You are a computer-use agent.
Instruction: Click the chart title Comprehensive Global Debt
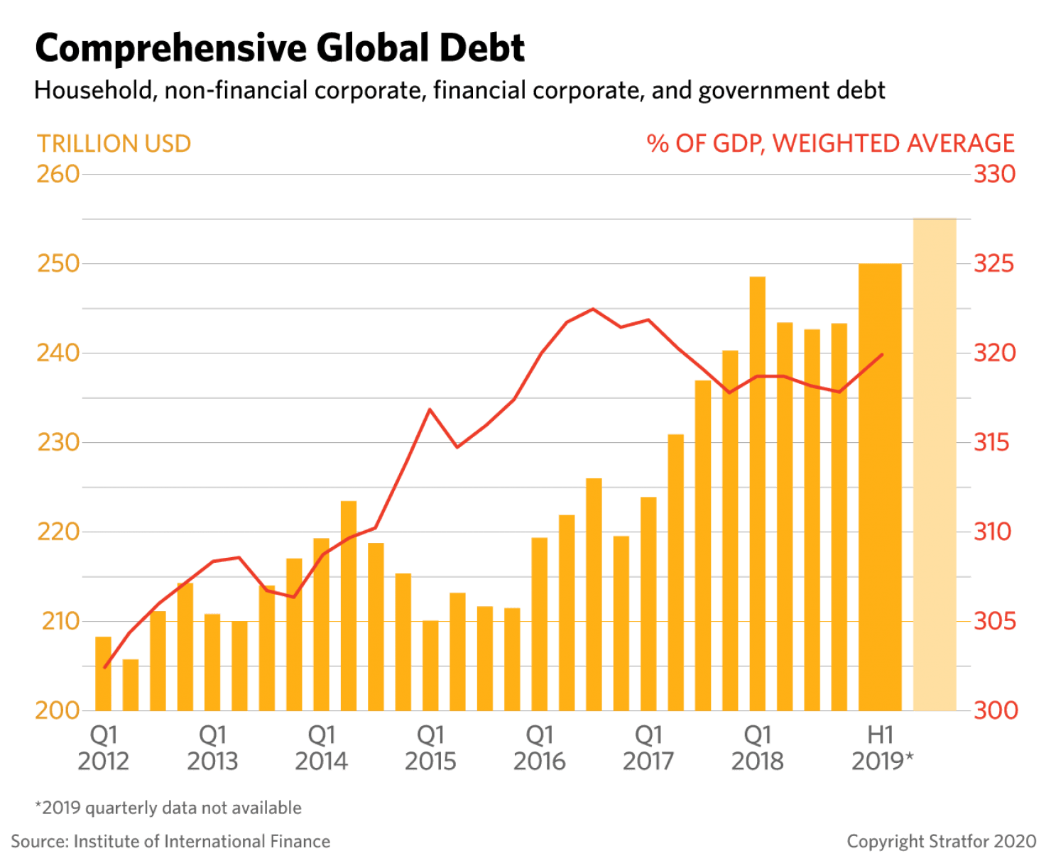tap(279, 48)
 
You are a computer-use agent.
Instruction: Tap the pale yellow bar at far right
tap(935, 465)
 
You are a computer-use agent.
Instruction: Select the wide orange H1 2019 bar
tap(880, 487)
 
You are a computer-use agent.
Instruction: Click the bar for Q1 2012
tap(104, 674)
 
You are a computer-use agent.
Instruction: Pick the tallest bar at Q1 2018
tap(758, 493)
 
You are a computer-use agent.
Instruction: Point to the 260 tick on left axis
tap(58, 175)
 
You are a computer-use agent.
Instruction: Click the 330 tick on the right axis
tap(994, 175)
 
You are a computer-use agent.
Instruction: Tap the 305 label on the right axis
tap(994, 622)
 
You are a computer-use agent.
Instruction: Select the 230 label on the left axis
tap(58, 443)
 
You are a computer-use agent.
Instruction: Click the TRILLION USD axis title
tap(114, 144)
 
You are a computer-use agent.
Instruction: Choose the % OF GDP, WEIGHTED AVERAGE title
tap(831, 143)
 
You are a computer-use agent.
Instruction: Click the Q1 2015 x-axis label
tap(431, 748)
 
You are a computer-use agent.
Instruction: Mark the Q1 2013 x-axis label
tap(212, 748)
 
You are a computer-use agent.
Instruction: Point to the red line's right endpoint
tap(882, 354)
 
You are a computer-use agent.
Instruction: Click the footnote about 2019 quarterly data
tap(168, 808)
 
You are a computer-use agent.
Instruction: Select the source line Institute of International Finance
tap(170, 842)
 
